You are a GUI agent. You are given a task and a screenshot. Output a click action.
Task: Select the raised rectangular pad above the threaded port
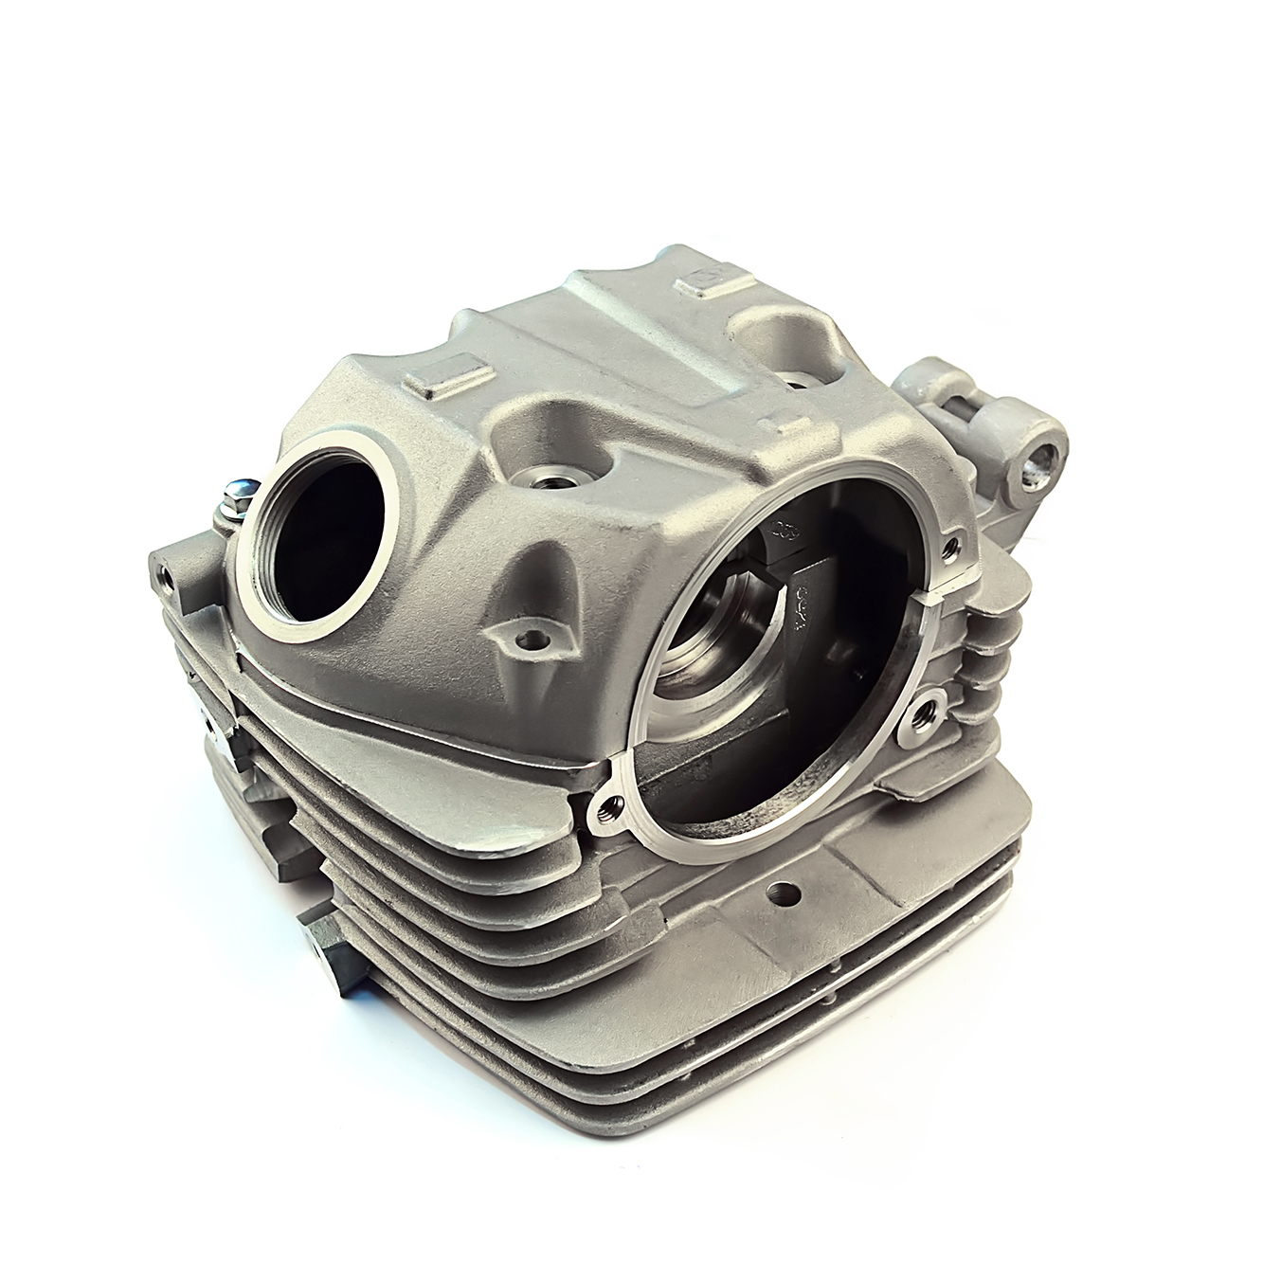pos(448,380)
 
